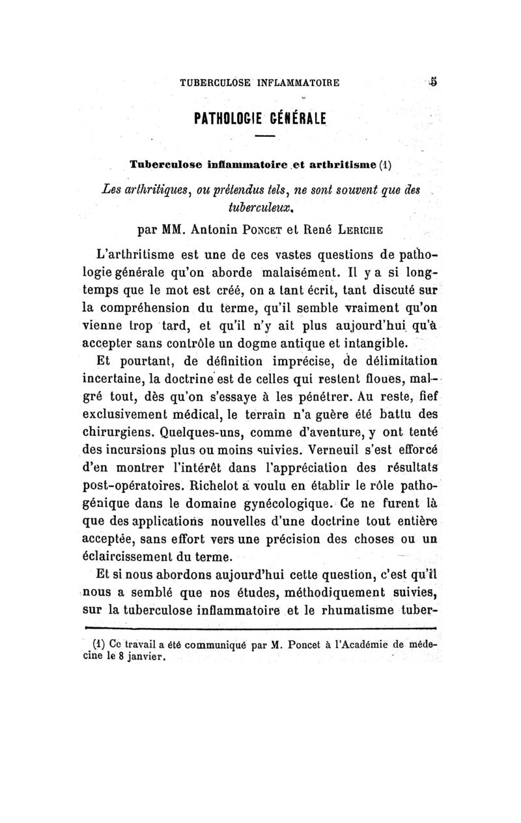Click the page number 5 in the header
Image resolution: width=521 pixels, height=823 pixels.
coord(432,83)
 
